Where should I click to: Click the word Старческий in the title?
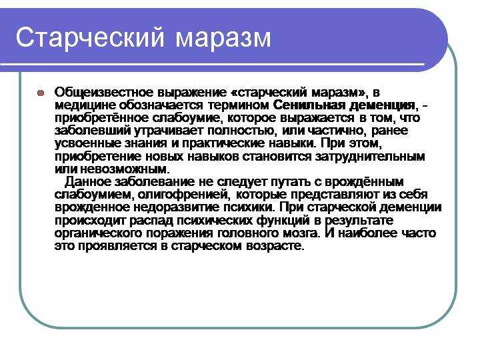click(x=90, y=38)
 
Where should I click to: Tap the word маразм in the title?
click(x=223, y=39)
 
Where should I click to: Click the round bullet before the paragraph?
click(x=41, y=93)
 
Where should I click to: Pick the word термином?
click(x=238, y=105)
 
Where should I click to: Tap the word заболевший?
click(x=93, y=131)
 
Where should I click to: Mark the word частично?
click(x=335, y=131)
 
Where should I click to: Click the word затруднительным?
click(x=370, y=157)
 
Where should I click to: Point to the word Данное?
click(x=88, y=182)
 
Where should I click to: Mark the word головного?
click(x=246, y=233)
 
